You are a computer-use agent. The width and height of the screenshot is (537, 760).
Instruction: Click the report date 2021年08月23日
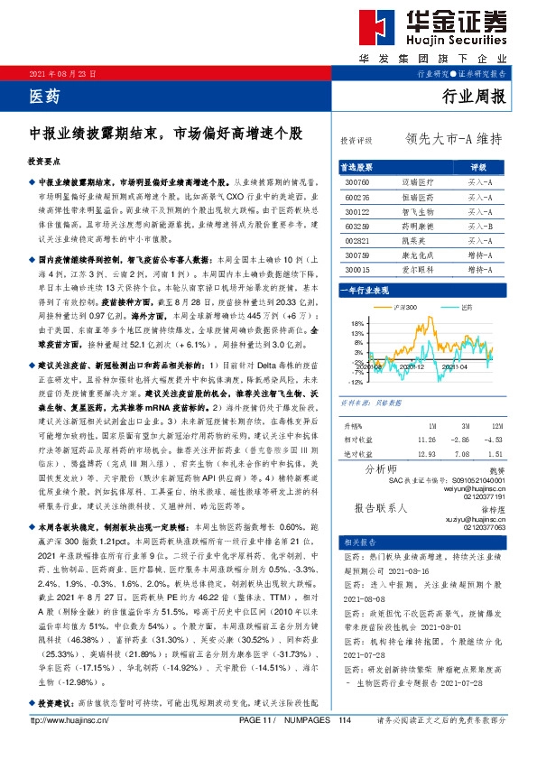(63, 73)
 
